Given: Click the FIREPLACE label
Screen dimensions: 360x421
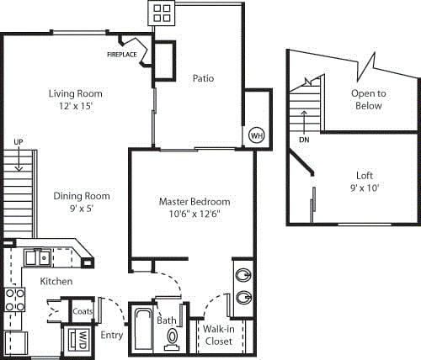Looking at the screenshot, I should (122, 55).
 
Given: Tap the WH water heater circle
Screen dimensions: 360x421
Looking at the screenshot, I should (257, 135).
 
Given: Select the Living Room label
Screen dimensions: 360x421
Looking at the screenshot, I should (75, 93).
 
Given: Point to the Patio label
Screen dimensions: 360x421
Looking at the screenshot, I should (202, 78).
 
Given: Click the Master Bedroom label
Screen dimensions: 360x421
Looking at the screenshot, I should (195, 202).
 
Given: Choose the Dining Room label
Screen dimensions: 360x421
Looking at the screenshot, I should (82, 196).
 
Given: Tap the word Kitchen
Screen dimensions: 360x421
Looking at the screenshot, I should (55, 281).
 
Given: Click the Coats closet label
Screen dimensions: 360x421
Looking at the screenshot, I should (83, 310).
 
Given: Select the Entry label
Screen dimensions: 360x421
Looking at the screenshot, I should (111, 335).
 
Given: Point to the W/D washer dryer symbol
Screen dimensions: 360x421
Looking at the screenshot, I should (82, 341).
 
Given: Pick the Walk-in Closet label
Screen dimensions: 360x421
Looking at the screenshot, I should (219, 336).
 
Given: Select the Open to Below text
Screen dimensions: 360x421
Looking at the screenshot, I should (368, 99).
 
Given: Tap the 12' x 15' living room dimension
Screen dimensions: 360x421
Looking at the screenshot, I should (75, 107).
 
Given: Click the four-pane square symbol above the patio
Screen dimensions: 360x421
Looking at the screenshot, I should (163, 12).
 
